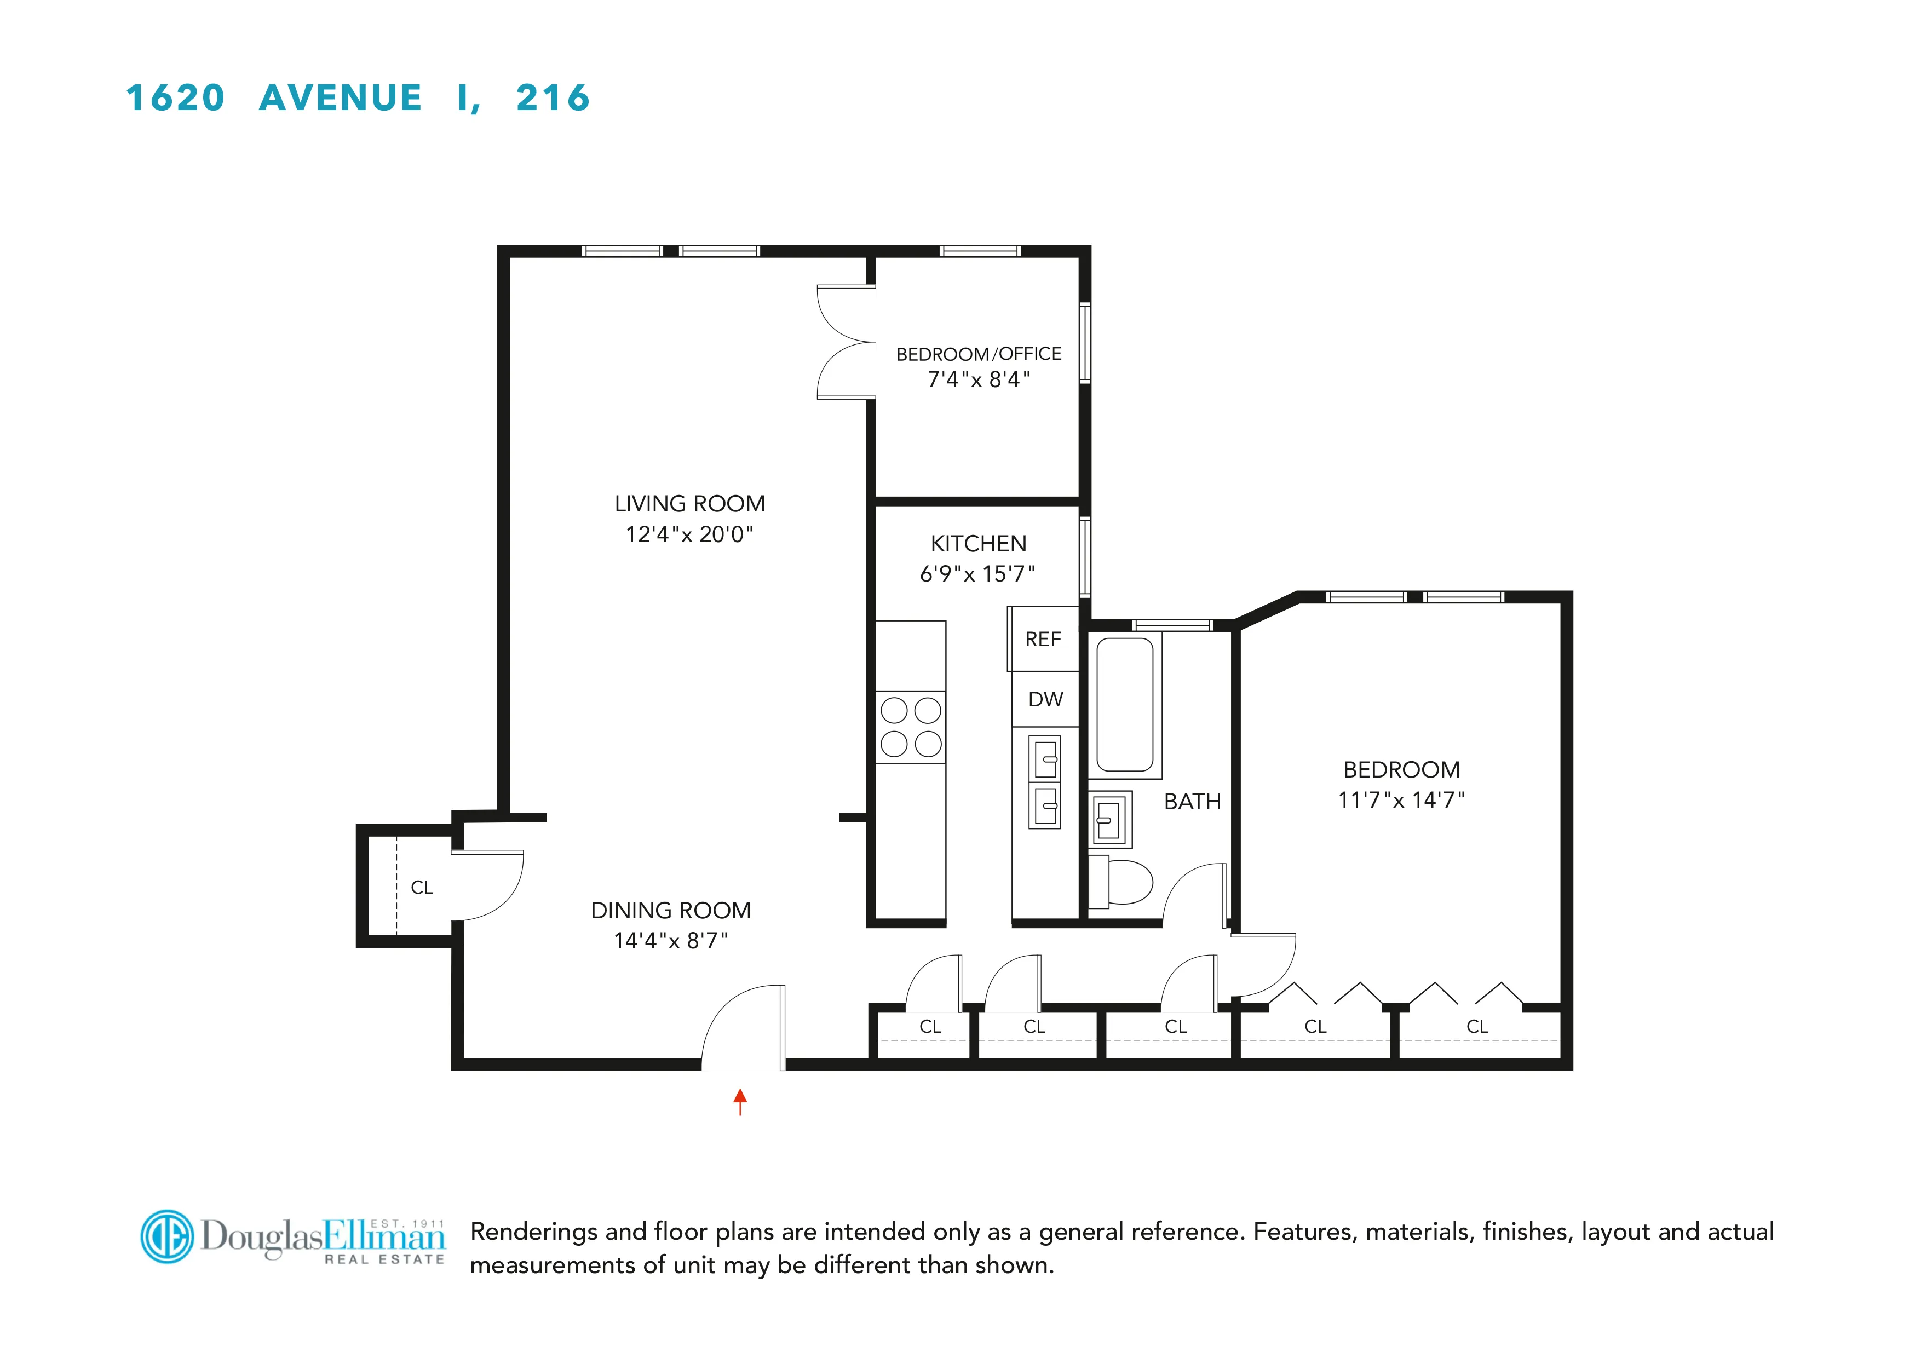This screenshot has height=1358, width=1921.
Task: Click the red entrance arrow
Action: point(740,1100)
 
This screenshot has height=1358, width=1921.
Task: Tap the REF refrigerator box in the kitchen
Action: point(1043,639)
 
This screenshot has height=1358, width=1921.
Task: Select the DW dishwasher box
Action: point(1045,699)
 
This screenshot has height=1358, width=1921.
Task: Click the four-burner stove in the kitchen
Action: point(910,727)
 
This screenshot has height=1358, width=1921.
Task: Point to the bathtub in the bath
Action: point(1124,705)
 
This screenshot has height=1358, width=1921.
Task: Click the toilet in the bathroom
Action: point(1123,882)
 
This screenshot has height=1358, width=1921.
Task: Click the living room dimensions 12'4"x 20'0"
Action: point(689,534)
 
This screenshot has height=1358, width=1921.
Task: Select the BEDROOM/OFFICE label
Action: point(978,354)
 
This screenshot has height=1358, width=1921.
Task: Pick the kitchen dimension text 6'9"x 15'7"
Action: point(977,574)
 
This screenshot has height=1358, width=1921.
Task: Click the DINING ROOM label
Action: point(671,911)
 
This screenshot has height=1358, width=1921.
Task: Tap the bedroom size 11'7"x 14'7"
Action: point(1401,800)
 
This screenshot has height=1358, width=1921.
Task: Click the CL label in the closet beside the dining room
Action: point(422,887)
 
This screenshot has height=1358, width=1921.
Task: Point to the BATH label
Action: point(1192,802)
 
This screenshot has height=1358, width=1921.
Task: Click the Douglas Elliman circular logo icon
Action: point(168,1236)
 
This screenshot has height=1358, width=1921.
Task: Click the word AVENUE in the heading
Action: point(341,98)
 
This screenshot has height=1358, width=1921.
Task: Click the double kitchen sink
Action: point(1044,782)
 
